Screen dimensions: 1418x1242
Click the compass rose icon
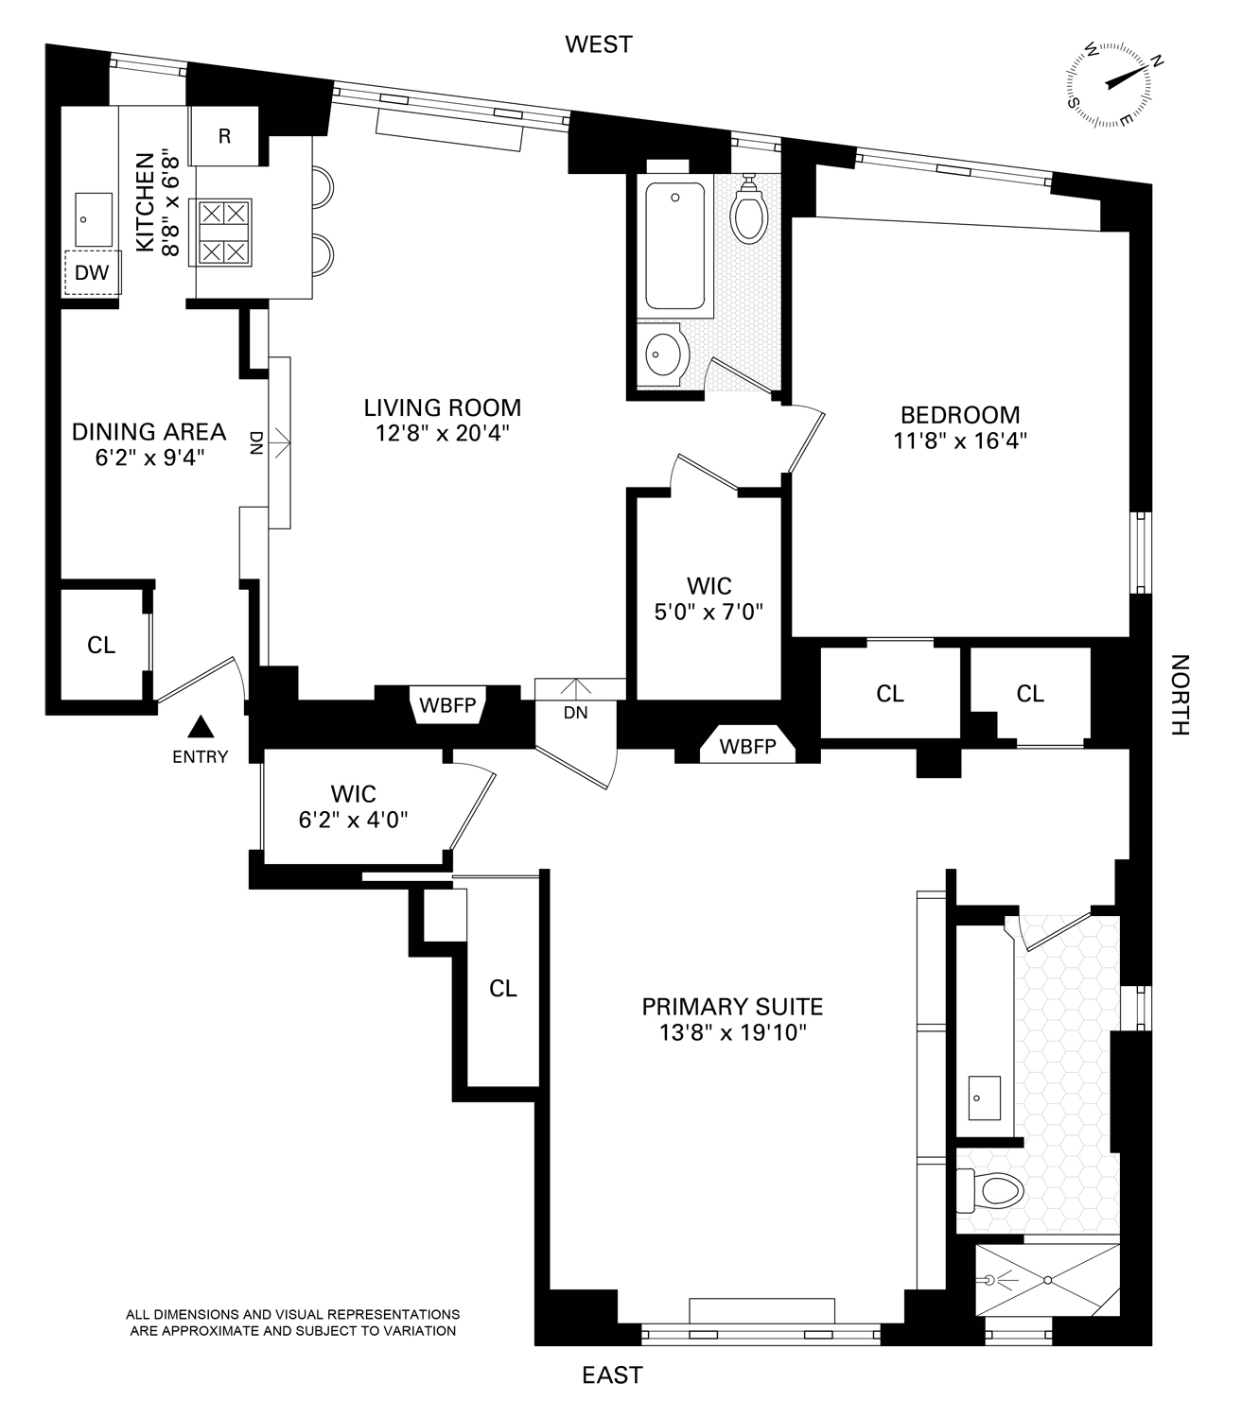click(1111, 85)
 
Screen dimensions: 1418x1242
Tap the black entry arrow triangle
click(200, 727)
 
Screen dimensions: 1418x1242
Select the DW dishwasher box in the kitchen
click(93, 273)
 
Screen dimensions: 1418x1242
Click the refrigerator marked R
click(224, 136)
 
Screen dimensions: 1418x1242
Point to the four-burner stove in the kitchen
click(224, 232)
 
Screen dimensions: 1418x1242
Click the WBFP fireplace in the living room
click(447, 705)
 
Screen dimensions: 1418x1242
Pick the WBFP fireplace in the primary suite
click(747, 745)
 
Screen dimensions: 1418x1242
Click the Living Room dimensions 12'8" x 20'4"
click(442, 435)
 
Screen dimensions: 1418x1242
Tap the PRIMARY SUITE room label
click(732, 1006)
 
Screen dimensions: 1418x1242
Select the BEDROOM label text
click(960, 414)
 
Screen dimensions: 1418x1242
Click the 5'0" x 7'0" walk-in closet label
click(708, 612)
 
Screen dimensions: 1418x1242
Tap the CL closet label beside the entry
click(101, 645)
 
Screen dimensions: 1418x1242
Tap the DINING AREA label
click(149, 432)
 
